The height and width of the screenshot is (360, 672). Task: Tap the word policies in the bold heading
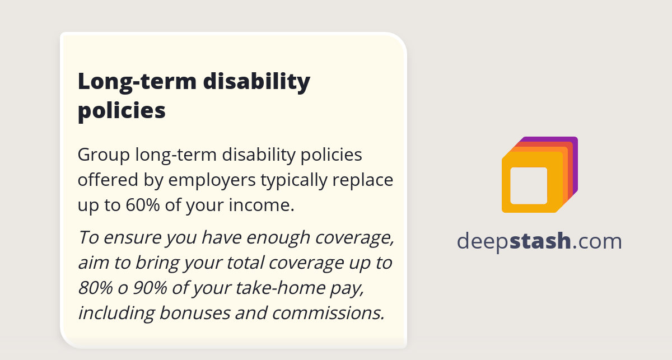pyautogui.click(x=122, y=110)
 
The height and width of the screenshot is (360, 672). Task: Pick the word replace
pyautogui.click(x=367, y=180)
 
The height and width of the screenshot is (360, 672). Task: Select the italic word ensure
pyautogui.click(x=134, y=237)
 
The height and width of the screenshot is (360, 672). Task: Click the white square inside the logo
pyautogui.click(x=529, y=185)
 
